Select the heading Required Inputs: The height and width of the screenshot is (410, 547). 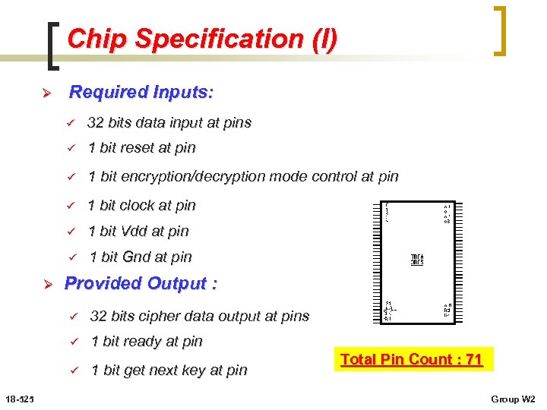(141, 93)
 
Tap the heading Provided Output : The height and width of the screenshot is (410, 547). (141, 283)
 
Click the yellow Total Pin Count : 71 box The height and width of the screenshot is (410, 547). (411, 359)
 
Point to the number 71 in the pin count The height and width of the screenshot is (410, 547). (474, 359)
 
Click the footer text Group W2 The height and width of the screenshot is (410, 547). (514, 399)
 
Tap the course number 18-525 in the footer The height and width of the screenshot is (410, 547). (17, 399)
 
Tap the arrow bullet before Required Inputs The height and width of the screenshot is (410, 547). (45, 93)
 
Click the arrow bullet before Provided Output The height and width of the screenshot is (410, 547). (45, 284)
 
